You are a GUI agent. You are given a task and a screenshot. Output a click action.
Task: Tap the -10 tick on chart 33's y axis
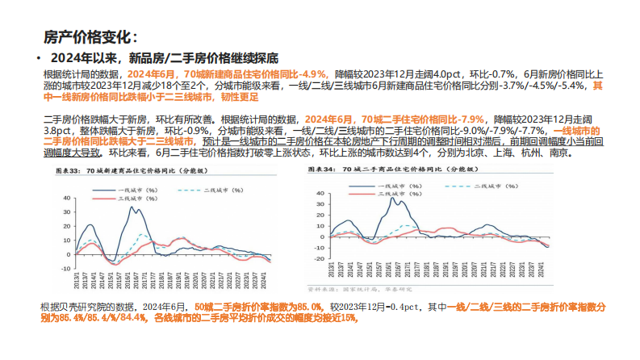click(x=62, y=262)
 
